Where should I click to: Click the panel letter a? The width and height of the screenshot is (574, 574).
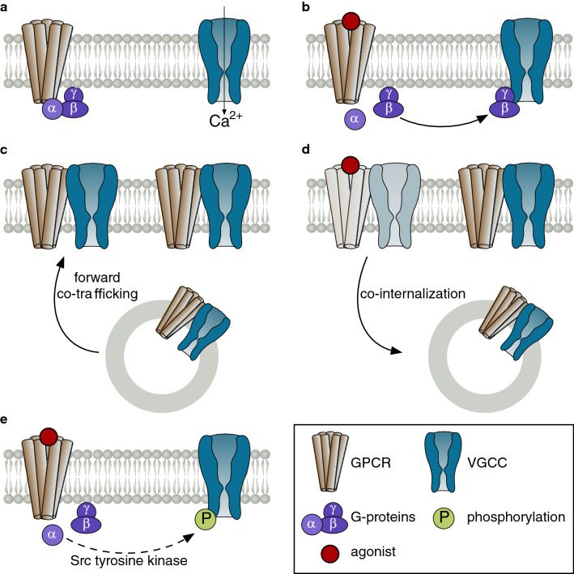pos(6,6)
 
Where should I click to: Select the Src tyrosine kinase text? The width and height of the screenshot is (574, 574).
pos(134,558)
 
